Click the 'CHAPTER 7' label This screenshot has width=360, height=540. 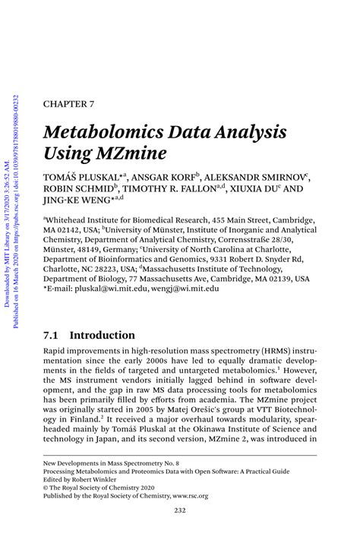point(68,103)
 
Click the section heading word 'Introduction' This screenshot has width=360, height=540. point(103,335)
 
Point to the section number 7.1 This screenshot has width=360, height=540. point(52,335)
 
